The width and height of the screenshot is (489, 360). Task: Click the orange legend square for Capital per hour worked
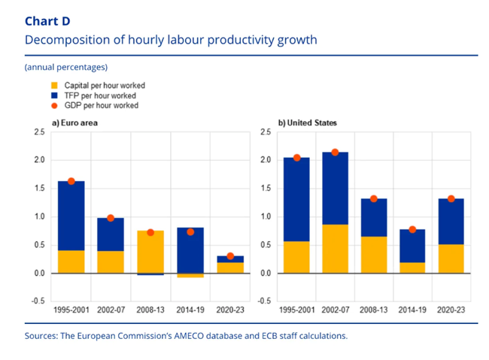click(53, 86)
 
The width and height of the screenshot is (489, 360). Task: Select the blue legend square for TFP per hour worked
click(53, 96)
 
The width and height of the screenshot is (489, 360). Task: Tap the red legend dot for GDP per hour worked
click(53, 106)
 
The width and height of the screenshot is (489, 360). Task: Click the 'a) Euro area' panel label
click(74, 123)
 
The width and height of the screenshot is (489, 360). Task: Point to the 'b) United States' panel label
click(308, 123)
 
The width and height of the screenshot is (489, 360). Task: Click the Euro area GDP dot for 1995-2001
click(71, 181)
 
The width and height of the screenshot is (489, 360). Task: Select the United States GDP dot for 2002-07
click(336, 153)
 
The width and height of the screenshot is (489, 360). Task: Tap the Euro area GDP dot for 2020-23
click(230, 256)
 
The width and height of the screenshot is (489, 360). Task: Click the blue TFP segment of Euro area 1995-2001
click(71, 216)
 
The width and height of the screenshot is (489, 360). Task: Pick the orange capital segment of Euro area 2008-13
click(150, 252)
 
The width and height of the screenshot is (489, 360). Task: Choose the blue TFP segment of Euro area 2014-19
click(190, 250)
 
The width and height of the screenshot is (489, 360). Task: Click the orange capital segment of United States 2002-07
click(336, 249)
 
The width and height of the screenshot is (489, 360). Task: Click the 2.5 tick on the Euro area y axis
click(38, 132)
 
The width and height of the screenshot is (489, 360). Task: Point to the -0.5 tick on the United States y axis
click(265, 301)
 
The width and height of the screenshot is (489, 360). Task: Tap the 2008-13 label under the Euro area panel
click(150, 309)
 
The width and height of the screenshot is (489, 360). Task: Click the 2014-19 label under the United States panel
click(412, 309)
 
